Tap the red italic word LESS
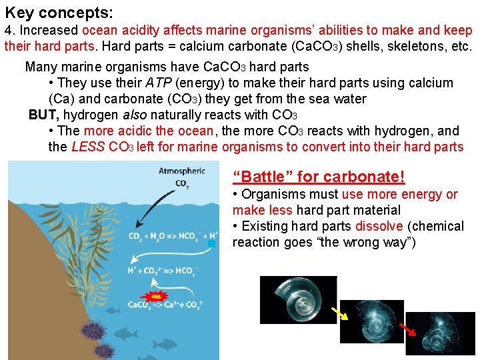pyautogui.click(x=87, y=147)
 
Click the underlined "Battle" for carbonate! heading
pyautogui.click(x=319, y=177)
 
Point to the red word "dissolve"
pyautogui.click(x=379, y=227)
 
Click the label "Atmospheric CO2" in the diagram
pyautogui.click(x=181, y=177)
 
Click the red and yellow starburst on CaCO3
pyautogui.click(x=155, y=295)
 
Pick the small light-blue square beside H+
pyautogui.click(x=212, y=245)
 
